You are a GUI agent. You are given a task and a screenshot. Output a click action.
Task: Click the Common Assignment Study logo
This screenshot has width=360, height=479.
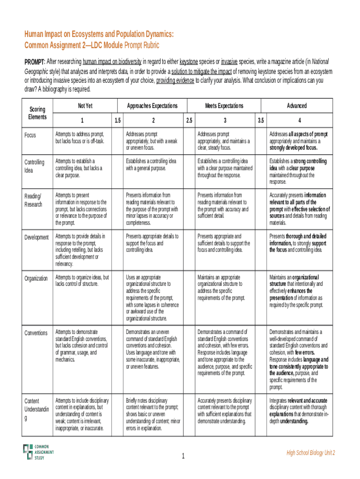(x=38, y=451)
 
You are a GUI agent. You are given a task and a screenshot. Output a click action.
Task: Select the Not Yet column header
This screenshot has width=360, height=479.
(x=85, y=106)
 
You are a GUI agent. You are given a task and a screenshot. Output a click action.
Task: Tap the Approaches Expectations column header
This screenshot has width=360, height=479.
(x=153, y=106)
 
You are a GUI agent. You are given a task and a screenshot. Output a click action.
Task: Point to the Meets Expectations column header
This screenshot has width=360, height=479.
(x=224, y=106)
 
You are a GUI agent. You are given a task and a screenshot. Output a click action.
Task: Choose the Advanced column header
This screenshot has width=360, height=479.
(x=297, y=106)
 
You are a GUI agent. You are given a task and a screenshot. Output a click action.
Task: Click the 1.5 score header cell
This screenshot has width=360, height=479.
(x=118, y=120)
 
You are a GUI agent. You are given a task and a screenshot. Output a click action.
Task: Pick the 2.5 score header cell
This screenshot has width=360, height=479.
(x=189, y=120)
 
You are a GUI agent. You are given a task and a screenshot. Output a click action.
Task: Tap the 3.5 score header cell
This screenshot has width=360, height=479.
(x=260, y=120)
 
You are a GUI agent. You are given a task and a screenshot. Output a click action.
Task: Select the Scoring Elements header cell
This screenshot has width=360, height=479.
(x=37, y=113)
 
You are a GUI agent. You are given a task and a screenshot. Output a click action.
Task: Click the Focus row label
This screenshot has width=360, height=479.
(x=31, y=135)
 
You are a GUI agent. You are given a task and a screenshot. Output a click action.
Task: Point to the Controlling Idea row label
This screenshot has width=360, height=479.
(x=35, y=166)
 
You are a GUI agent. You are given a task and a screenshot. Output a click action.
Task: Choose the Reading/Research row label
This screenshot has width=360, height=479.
(x=34, y=200)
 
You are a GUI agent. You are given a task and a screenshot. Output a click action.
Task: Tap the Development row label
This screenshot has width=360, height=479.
(x=36, y=237)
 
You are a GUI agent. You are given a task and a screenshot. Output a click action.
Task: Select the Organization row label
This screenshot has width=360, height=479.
(x=36, y=278)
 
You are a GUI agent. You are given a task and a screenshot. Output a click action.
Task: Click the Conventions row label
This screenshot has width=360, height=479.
(x=36, y=333)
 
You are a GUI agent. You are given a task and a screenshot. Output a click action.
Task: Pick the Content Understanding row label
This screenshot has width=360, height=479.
(x=36, y=409)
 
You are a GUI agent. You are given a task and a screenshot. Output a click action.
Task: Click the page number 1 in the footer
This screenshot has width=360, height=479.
(x=184, y=456)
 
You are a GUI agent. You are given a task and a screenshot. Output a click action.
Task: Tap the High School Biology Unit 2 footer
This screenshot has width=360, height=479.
(x=311, y=453)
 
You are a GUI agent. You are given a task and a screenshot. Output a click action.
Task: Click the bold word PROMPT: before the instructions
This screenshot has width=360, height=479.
(x=35, y=62)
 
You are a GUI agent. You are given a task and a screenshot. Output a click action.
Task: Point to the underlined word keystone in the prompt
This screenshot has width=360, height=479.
(x=188, y=62)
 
